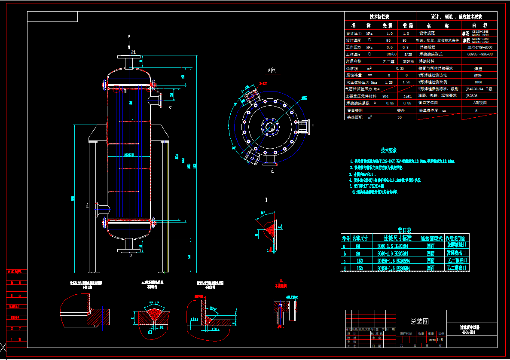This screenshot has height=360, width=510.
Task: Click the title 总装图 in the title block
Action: coord(419,321)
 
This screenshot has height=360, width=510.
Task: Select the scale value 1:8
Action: coord(440,339)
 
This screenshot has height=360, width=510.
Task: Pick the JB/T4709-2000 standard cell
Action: coord(479,47)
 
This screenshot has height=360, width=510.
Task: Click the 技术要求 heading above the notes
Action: coord(388,151)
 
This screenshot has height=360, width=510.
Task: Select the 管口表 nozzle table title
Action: coord(405,230)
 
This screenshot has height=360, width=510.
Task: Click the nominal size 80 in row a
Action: coord(358,246)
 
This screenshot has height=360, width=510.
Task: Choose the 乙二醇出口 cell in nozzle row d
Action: coord(456,268)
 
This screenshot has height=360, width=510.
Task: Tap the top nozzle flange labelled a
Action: coord(129,57)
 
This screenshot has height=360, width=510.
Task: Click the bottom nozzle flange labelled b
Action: coord(129,249)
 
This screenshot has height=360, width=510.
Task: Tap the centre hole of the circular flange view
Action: coord(270,127)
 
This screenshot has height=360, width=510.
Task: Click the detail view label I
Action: coord(267,200)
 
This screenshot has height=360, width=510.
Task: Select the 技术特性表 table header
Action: coord(379,17)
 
